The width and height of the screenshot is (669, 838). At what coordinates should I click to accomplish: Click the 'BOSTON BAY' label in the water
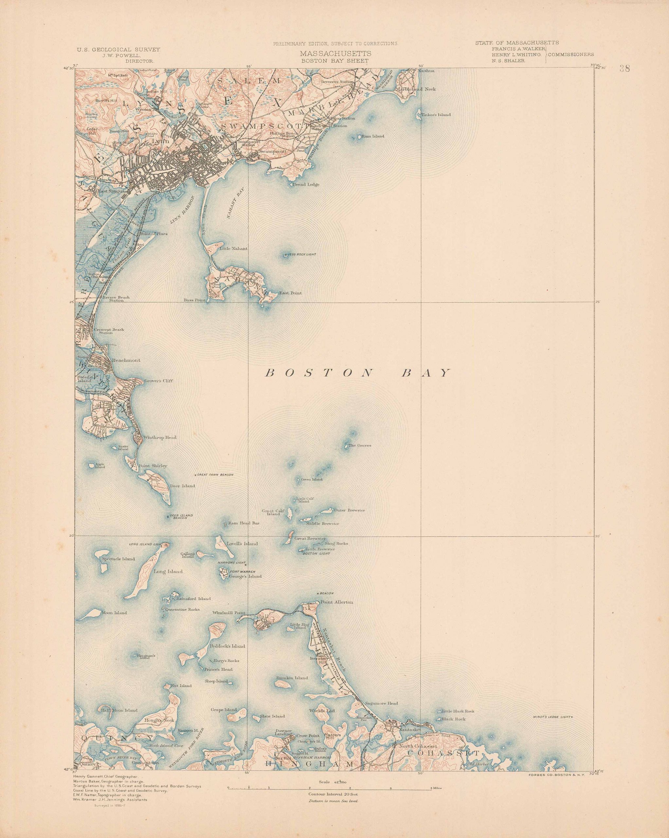tap(358, 373)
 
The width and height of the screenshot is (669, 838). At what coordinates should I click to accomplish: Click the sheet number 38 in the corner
tap(625, 69)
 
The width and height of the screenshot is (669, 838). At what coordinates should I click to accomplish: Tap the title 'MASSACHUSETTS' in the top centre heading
tap(335, 54)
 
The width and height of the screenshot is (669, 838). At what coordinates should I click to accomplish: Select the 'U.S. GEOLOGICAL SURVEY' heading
tap(118, 50)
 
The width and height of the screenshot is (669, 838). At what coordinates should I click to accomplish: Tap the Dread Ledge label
tap(306, 185)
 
